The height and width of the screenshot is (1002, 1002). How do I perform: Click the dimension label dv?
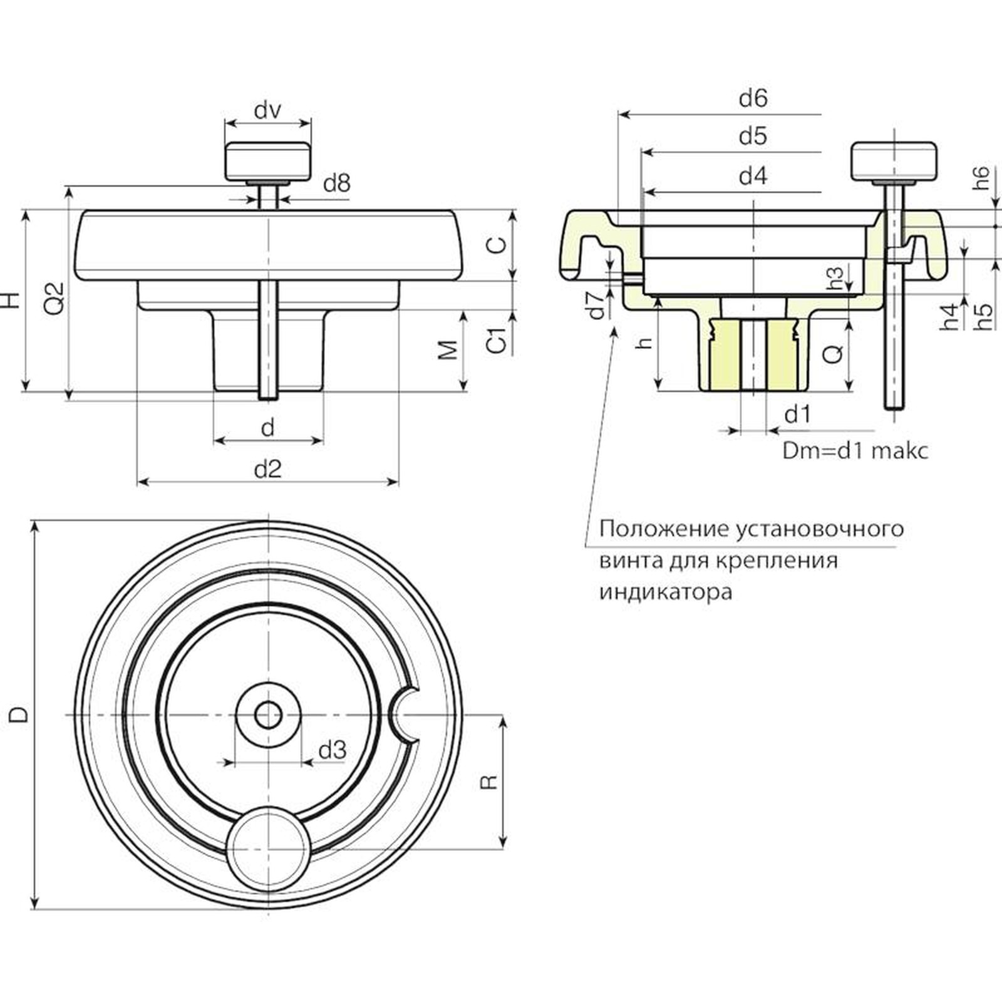tap(267, 111)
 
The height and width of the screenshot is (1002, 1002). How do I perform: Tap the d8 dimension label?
tap(336, 183)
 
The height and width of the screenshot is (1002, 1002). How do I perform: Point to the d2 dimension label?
tap(267, 469)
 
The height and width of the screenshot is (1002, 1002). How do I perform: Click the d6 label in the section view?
tap(753, 98)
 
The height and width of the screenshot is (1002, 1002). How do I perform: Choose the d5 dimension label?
tap(753, 136)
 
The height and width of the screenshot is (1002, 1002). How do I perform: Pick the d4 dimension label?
tap(753, 177)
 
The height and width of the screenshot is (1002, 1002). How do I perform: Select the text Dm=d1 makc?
tap(855, 451)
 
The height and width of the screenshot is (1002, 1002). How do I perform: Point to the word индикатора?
tap(666, 592)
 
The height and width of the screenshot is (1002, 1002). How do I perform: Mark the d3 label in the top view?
tap(332, 750)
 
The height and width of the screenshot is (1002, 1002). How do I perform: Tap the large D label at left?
tap(20, 714)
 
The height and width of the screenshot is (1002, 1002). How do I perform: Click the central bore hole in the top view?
tap(268, 715)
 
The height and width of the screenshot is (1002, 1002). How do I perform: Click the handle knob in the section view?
tap(894, 162)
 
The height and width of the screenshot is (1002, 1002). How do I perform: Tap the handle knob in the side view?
tap(268, 160)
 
